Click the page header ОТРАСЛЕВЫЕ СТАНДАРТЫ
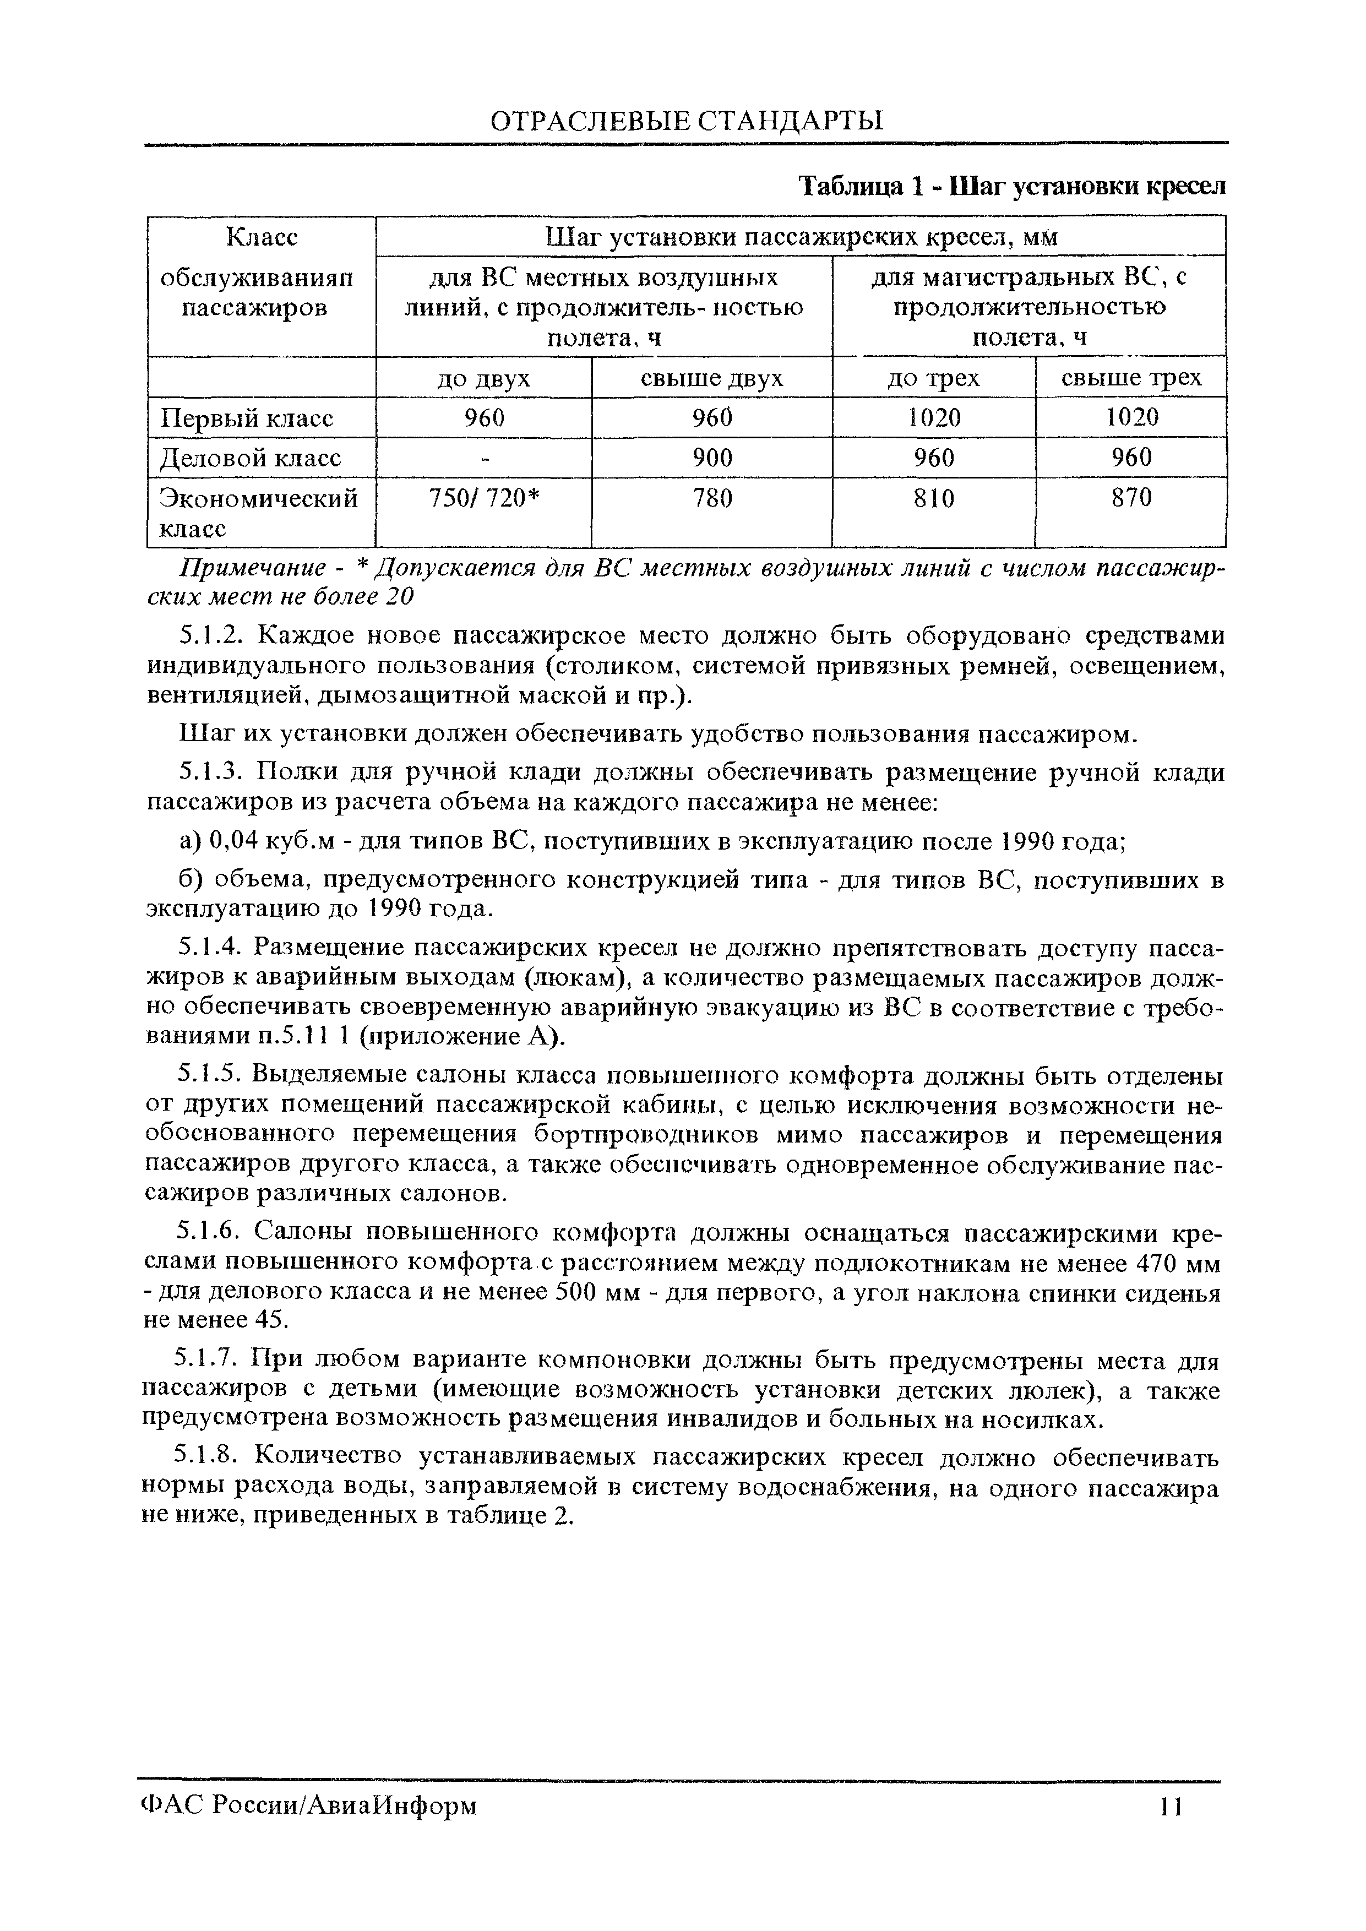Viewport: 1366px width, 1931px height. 687,120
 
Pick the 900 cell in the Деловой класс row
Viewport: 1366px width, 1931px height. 711,458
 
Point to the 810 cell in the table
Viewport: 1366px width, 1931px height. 934,499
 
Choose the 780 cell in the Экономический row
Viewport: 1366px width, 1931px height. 711,499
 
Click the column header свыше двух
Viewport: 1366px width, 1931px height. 711,378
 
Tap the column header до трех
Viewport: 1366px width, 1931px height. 934,378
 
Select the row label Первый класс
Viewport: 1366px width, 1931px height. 247,418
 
